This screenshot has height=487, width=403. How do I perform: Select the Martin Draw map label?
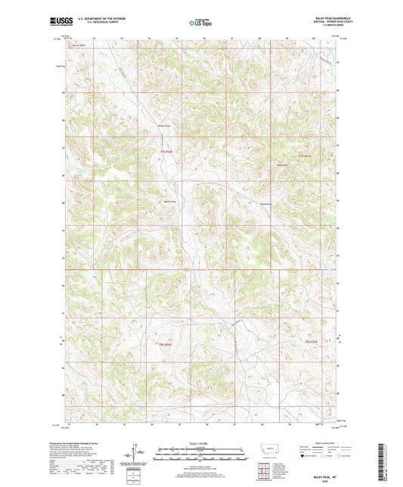[169, 201]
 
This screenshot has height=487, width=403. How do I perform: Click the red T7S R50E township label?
[166, 152]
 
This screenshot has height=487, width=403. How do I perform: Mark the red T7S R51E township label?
[305, 156]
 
